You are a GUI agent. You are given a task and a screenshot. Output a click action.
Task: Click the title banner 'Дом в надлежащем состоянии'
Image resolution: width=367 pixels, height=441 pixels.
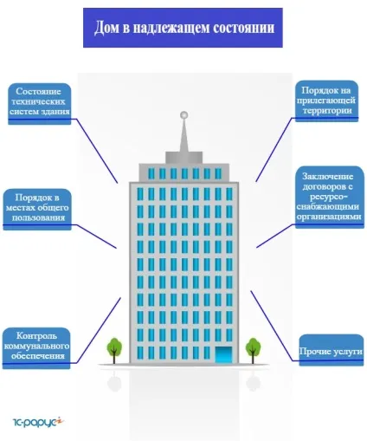point(183,28)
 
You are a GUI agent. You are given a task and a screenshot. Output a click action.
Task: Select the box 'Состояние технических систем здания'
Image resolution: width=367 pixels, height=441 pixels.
point(40,104)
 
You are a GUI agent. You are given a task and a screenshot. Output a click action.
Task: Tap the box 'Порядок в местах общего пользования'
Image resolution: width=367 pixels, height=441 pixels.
point(37,210)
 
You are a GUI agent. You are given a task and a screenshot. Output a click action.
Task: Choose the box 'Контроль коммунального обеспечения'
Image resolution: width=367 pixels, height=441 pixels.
point(36,348)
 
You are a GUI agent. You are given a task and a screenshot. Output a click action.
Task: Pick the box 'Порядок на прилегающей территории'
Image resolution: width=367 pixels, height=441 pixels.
point(326,101)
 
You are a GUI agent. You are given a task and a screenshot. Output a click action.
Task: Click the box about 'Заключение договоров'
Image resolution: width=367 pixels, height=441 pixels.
point(330,197)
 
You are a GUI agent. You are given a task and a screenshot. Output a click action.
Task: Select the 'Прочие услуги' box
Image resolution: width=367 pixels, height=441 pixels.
point(332,350)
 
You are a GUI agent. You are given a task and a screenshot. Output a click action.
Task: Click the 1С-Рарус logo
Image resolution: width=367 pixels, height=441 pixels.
point(38,422)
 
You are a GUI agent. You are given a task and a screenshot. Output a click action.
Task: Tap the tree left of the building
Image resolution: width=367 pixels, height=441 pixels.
point(114,350)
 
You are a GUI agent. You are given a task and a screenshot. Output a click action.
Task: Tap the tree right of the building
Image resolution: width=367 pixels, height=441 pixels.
point(253,350)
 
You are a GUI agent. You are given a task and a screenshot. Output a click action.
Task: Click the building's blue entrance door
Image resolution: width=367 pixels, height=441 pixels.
point(223,355)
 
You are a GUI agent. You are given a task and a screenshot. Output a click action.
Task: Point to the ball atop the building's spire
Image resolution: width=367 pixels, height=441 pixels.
point(183,115)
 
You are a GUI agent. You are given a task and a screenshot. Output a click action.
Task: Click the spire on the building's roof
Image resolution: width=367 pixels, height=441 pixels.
point(183,135)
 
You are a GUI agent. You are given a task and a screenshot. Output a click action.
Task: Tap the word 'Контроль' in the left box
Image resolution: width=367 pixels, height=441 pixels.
point(36,336)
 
